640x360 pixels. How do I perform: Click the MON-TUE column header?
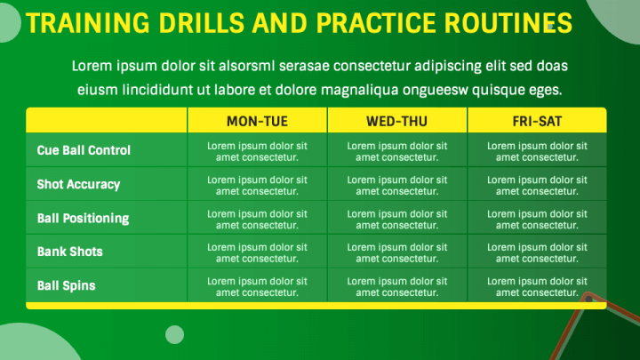coord(257,121)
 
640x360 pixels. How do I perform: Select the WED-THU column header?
coord(396,121)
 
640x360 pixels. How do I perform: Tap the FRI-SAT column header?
coord(537,121)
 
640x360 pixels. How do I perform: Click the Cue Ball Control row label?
coord(84,150)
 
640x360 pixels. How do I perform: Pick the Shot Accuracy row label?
coord(78,185)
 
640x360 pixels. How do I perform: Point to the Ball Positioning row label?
coord(83,219)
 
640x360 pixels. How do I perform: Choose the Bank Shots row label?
coord(70,252)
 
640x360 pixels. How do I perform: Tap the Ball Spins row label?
coord(66,285)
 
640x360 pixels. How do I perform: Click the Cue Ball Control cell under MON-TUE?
coord(257,151)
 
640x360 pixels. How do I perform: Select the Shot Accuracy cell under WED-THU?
coord(397,185)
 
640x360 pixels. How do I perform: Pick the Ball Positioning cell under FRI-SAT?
coord(537,220)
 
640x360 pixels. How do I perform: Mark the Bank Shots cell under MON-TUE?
coord(257,252)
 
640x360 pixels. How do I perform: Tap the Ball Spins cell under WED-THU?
coord(397,286)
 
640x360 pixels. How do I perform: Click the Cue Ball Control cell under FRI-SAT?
coord(537,151)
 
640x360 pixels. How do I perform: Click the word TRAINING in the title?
coord(88,23)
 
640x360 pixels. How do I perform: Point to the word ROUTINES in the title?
coord(508,23)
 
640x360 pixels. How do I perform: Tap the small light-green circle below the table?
coord(175,335)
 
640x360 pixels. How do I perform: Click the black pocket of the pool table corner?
coord(588,300)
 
